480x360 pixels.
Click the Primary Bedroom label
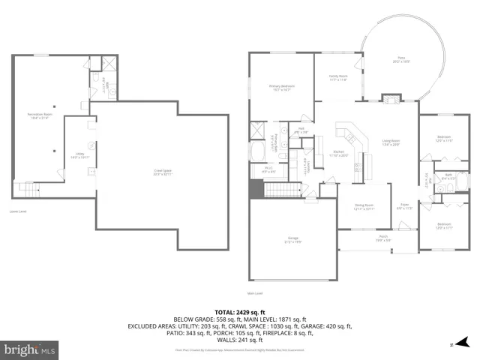click(x=281, y=88)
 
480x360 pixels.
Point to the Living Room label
click(x=391, y=142)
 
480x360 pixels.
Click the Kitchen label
click(x=339, y=154)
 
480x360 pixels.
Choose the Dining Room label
click(x=364, y=206)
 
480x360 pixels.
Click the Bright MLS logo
click(x=30, y=349)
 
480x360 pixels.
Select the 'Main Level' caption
click(x=255, y=293)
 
